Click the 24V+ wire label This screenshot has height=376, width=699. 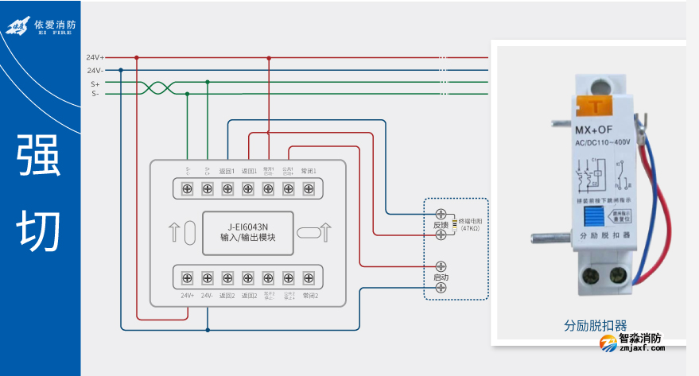[95, 57]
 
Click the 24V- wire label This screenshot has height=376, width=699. [95, 70]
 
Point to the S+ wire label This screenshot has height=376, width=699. [95, 83]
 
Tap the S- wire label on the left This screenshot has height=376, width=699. [95, 94]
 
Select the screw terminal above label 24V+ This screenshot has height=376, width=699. [188, 277]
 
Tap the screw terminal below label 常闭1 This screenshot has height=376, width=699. [309, 188]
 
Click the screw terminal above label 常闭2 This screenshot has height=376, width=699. [309, 277]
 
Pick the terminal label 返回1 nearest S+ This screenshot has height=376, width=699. [227, 171]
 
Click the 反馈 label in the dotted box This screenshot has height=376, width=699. [441, 225]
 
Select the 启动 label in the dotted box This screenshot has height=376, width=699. [441, 277]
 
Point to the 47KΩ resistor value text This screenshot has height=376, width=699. [471, 229]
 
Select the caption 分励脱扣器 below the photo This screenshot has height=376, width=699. [596, 326]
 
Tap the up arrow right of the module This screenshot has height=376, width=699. [325, 233]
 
